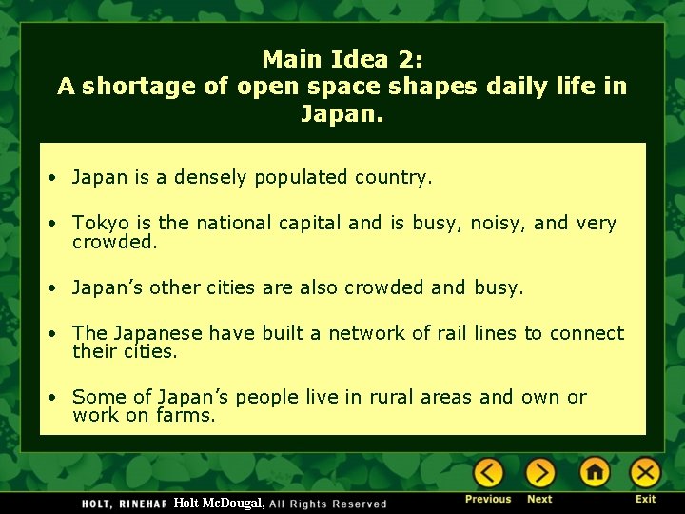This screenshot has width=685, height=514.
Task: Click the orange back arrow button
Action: [488, 472]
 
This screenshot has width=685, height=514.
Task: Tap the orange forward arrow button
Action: [539, 472]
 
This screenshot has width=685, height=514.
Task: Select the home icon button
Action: [595, 472]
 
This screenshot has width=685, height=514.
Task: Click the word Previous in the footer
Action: [488, 499]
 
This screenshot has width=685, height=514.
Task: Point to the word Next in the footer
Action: [539, 499]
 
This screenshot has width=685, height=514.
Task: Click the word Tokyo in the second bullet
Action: [101, 224]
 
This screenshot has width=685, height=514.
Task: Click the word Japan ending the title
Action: [339, 114]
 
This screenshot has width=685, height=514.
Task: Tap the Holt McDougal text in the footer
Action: [219, 503]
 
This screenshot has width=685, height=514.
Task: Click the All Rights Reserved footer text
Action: [328, 504]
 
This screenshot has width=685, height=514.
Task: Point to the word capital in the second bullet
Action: [310, 224]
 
